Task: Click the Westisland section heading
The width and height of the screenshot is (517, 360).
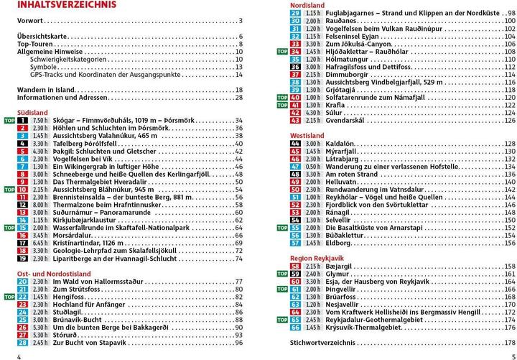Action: (307, 134)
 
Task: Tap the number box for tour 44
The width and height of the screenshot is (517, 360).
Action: (295, 144)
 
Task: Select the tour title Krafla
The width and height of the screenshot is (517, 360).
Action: (336, 105)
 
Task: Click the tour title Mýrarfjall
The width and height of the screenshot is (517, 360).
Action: (343, 152)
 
